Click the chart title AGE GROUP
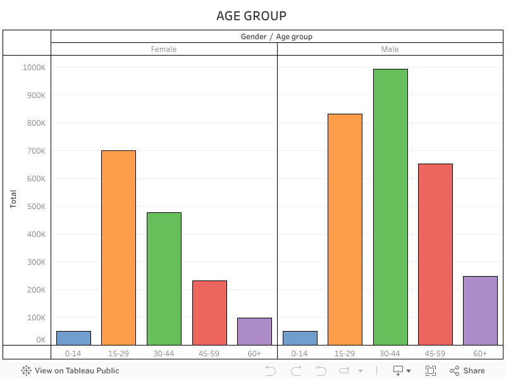pyautogui.click(x=251, y=16)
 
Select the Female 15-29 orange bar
pyautogui.click(x=118, y=247)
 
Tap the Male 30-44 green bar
pyautogui.click(x=390, y=207)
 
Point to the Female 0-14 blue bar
pyautogui.click(x=73, y=338)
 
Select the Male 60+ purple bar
pyautogui.click(x=480, y=310)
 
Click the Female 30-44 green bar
pyautogui.click(x=164, y=278)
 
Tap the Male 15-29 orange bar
pyautogui.click(x=345, y=229)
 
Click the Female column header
pyautogui.click(x=164, y=49)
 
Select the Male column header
pyautogui.click(x=390, y=49)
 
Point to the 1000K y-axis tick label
pyautogui.click(x=34, y=68)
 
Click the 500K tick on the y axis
pyautogui.click(x=35, y=207)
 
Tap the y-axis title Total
pyautogui.click(x=13, y=200)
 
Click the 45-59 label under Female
pyautogui.click(x=209, y=354)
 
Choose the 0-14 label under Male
pyautogui.click(x=300, y=354)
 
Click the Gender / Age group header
pyautogui.click(x=276, y=37)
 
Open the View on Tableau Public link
pyautogui.click(x=70, y=371)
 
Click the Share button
pyautogui.click(x=467, y=371)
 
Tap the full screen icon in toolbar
pyautogui.click(x=431, y=371)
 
